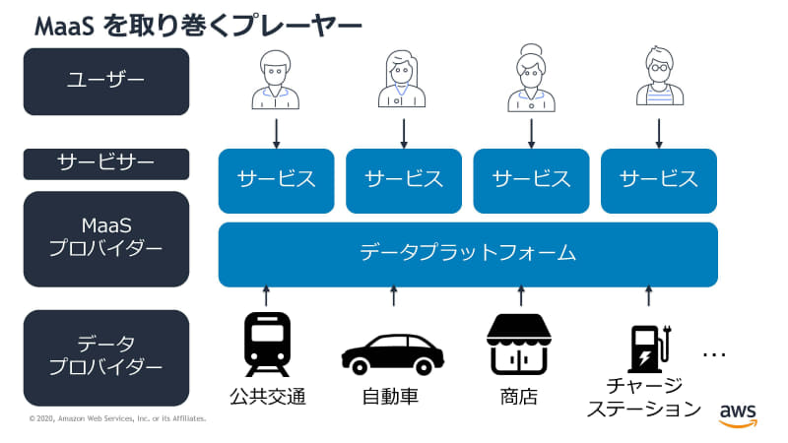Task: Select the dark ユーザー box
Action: tap(105, 81)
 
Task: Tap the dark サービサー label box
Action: tap(105, 164)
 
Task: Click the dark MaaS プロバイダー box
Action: tap(105, 239)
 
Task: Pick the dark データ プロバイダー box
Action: tap(105, 357)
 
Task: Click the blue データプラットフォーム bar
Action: tap(468, 254)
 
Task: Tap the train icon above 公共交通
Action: tap(267, 345)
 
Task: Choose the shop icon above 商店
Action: tap(519, 345)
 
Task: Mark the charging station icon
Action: tap(649, 347)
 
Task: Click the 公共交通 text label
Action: tap(267, 398)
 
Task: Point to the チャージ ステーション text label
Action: tap(644, 397)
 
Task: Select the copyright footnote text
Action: tap(117, 419)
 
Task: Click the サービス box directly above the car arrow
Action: tap(404, 180)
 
